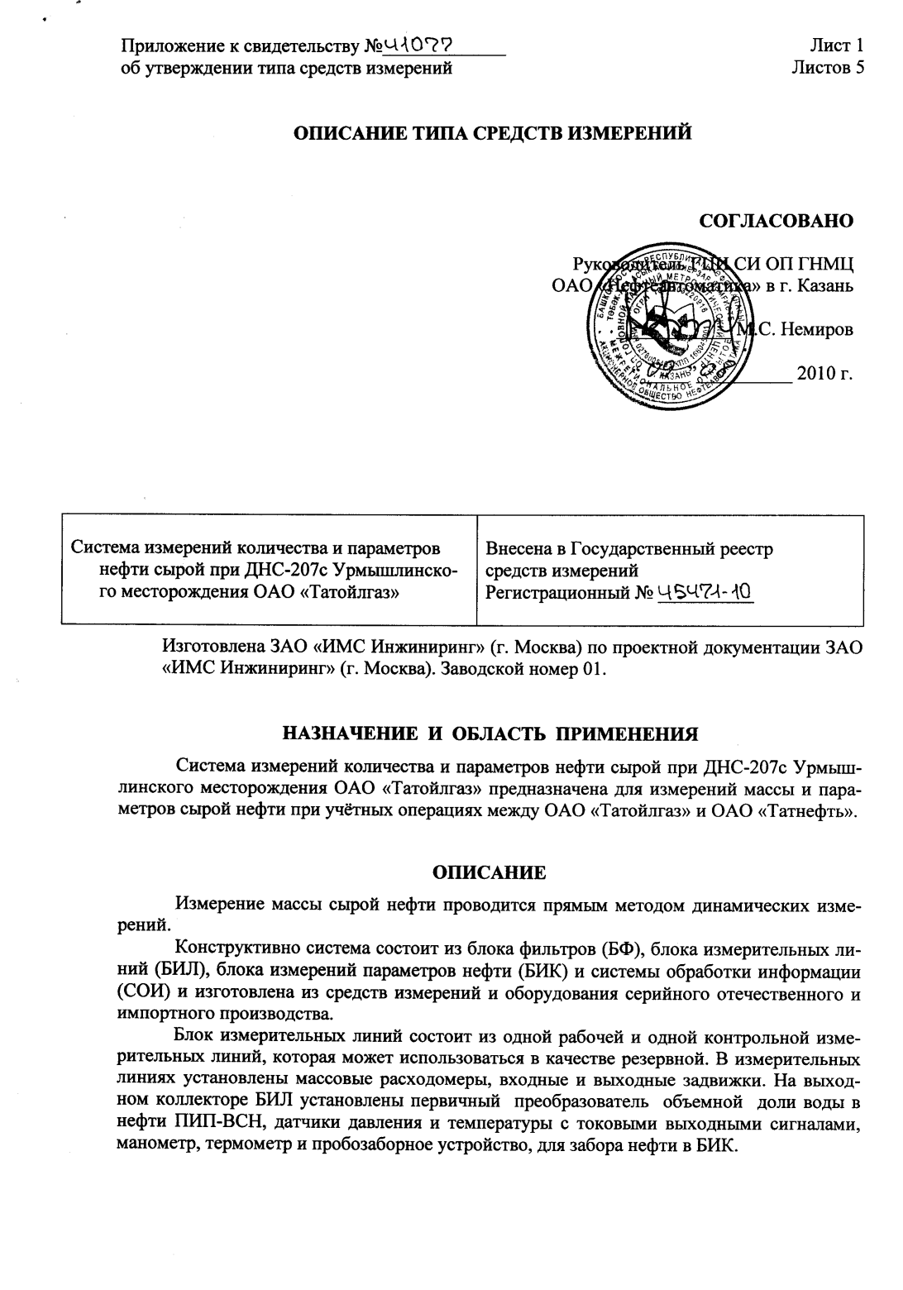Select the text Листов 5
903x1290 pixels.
pos(827,68)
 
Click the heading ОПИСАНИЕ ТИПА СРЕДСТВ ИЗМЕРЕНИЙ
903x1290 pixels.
pos(494,132)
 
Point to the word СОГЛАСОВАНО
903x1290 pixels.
pos(776,221)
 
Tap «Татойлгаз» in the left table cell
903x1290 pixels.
pos(350,592)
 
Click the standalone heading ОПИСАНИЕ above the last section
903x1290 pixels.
pos(490,872)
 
